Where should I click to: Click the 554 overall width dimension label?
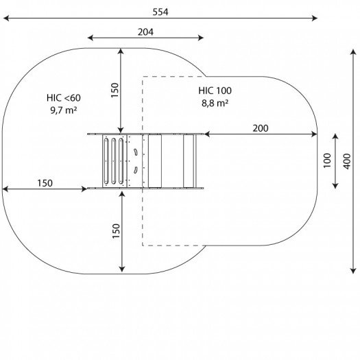tap(160, 12)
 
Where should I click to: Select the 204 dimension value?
tap(145, 32)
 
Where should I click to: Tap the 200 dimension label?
tap(261, 128)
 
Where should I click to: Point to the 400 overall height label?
tap(347, 161)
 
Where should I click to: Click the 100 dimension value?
tap(327, 160)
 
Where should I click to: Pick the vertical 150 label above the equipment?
tap(115, 91)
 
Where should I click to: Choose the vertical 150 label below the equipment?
tap(116, 231)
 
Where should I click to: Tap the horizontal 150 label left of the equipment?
tap(45, 183)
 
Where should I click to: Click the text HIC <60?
tap(64, 98)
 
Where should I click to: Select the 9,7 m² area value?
tap(64, 110)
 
